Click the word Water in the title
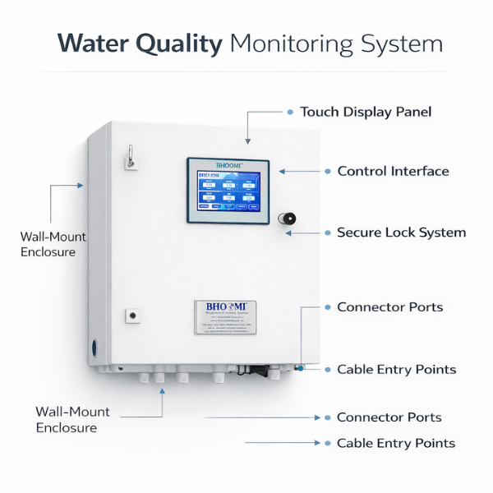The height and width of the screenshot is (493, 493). click(x=87, y=44)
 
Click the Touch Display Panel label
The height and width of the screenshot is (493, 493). click(x=366, y=112)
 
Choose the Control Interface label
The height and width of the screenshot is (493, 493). click(x=393, y=172)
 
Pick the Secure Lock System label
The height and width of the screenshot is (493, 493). click(x=401, y=233)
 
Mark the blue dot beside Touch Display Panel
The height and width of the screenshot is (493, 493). click(x=290, y=112)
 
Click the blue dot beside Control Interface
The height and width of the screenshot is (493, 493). click(x=326, y=172)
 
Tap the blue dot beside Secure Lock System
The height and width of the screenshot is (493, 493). click(x=326, y=233)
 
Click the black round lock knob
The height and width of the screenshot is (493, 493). click(x=288, y=219)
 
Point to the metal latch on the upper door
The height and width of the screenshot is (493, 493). click(x=129, y=155)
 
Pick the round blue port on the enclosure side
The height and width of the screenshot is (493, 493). click(x=94, y=348)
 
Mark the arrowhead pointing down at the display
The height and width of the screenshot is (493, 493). click(x=247, y=141)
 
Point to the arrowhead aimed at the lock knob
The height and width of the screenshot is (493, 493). click(x=288, y=233)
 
